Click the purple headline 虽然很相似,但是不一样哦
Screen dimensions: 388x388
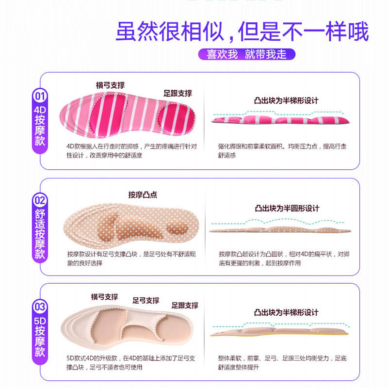[242, 32]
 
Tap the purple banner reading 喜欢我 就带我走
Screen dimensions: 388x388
[246, 54]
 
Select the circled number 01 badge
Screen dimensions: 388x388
[39, 96]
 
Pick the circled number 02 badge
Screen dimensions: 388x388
[39, 200]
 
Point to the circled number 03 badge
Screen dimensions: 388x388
[39, 307]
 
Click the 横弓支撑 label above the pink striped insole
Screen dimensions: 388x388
[110, 85]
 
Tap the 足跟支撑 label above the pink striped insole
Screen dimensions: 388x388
[178, 93]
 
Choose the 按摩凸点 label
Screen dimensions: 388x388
[143, 195]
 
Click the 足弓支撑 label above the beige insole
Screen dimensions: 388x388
[146, 300]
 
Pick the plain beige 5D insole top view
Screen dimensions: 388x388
[129, 327]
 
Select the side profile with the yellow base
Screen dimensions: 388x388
[280, 332]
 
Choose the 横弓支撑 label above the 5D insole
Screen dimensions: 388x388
[104, 297]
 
